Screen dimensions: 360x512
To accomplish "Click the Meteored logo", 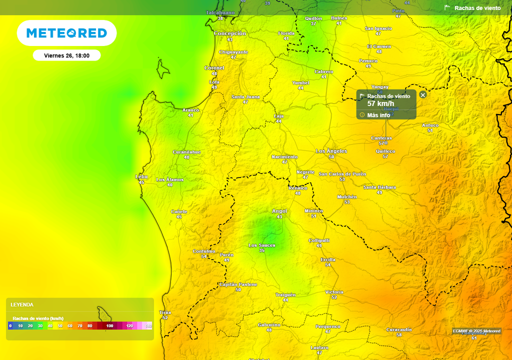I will coord(66,33).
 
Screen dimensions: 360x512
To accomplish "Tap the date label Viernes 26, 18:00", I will coord(66,55).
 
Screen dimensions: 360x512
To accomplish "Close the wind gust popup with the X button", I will coord(423,95).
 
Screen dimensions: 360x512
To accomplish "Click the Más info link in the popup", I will coord(378,115).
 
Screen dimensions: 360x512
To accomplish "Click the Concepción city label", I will coord(230,33).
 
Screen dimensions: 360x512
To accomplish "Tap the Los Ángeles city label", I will coord(331,151).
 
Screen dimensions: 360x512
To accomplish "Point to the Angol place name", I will coord(279,211).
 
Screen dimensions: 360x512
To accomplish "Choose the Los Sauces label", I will coord(262,245).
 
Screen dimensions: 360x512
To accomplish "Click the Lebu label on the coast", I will coord(141,176).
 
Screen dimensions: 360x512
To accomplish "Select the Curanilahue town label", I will coord(186,151).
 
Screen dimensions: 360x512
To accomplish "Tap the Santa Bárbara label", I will coord(379,187).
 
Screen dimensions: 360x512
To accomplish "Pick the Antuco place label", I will coord(430,125).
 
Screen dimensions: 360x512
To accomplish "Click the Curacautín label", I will coord(399,329).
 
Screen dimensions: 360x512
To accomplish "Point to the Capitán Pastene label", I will coord(238,284).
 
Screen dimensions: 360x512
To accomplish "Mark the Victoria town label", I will coord(334,291).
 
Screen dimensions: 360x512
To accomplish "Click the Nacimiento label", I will coord(284,156).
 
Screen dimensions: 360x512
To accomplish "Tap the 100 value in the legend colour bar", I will coord(109,326).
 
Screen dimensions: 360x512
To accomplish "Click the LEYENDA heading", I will coord(22,304).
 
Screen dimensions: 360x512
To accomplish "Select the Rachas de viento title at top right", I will coord(477,8).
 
